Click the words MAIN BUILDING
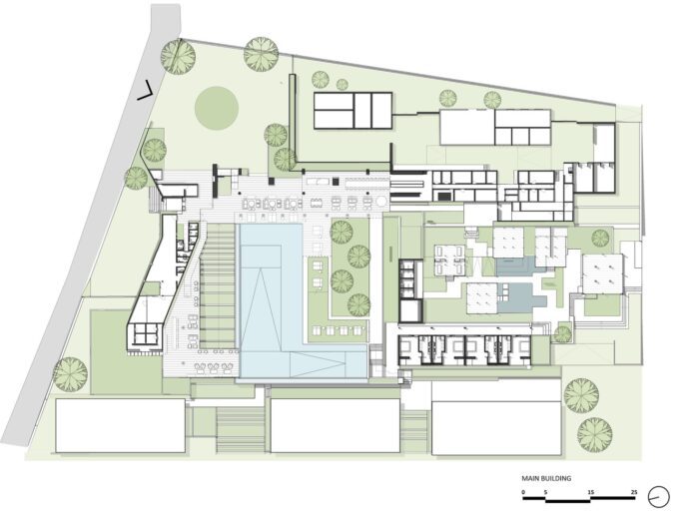(x=546, y=479)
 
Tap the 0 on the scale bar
(x=524, y=492)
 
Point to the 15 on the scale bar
(x=591, y=492)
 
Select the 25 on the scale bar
(x=634, y=492)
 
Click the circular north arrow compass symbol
(x=659, y=497)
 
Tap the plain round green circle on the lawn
(x=217, y=108)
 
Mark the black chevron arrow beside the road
(x=145, y=91)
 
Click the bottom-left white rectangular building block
(x=121, y=426)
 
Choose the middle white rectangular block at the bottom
(x=336, y=426)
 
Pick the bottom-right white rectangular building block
(x=496, y=427)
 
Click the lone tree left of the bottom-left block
(x=71, y=374)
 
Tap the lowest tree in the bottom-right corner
(x=595, y=435)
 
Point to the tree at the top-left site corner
(x=178, y=57)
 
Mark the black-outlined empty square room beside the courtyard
(x=410, y=311)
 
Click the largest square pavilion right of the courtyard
(x=603, y=273)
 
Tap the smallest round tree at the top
(x=343, y=84)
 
